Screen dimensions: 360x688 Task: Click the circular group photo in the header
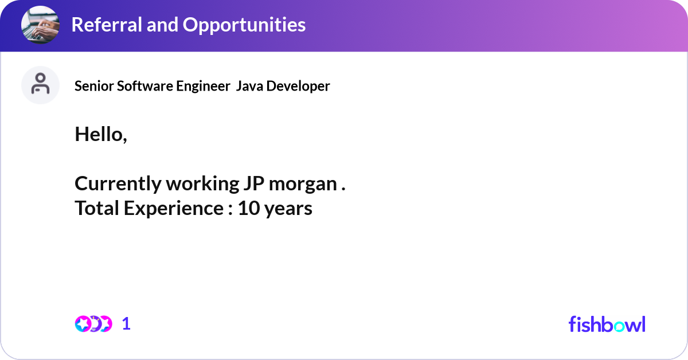[x=41, y=25]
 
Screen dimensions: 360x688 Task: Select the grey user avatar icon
[x=41, y=85]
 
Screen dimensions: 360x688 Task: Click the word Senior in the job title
[x=95, y=86]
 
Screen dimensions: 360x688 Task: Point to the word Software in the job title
[x=140, y=86]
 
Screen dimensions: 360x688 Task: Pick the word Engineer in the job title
[x=194, y=86]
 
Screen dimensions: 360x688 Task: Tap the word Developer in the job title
[x=298, y=86]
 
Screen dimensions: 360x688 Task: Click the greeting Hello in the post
[x=99, y=134]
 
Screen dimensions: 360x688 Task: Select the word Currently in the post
[x=118, y=183]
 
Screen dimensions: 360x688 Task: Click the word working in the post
[x=201, y=183]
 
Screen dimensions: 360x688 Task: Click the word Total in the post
[x=97, y=208]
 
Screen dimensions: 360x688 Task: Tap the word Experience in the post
[x=173, y=208]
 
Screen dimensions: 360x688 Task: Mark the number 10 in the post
[x=249, y=208]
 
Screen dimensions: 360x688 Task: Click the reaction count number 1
[x=126, y=324]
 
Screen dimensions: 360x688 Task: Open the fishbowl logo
[x=607, y=324]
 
